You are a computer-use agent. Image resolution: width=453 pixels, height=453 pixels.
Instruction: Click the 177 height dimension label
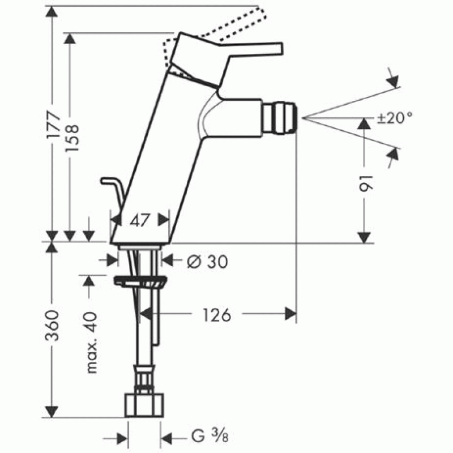click(54, 124)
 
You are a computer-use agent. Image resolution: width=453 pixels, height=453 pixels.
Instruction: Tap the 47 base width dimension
click(140, 220)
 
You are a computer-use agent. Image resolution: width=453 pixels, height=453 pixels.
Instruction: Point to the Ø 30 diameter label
click(207, 262)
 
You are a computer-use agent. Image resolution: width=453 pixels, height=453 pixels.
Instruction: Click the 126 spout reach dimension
click(217, 315)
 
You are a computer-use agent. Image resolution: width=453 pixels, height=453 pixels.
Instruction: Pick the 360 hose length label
click(53, 326)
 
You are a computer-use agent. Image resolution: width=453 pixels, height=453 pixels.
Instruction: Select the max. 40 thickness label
click(92, 343)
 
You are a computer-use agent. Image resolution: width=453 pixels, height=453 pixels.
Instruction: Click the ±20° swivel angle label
click(395, 118)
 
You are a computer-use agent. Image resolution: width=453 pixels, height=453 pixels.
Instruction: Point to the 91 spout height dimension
click(366, 183)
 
